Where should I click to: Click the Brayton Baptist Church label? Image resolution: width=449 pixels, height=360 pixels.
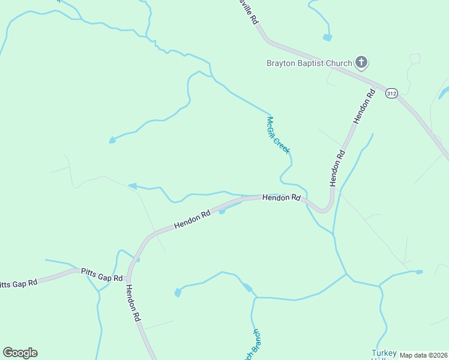click(x=309, y=62)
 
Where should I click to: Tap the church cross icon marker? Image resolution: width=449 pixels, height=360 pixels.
click(x=361, y=62)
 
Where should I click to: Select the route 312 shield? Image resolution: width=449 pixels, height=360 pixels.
click(x=391, y=94)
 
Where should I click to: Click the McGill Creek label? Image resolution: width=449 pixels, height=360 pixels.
click(x=279, y=135)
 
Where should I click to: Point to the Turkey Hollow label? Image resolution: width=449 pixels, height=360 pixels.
click(x=384, y=354)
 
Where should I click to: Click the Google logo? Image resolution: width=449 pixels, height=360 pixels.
click(x=20, y=353)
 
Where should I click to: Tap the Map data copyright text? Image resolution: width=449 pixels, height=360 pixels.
click(x=424, y=355)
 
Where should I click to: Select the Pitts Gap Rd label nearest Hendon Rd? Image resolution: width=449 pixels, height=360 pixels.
click(x=102, y=275)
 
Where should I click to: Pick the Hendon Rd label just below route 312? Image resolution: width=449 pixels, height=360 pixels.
click(x=364, y=107)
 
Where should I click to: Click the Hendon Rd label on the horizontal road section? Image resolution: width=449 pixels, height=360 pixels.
click(x=281, y=197)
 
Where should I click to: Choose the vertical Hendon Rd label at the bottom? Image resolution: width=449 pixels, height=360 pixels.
click(x=133, y=303)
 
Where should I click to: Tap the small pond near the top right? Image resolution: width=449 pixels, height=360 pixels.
click(x=327, y=37)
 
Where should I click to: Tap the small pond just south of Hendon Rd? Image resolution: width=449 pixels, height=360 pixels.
click(x=221, y=211)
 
